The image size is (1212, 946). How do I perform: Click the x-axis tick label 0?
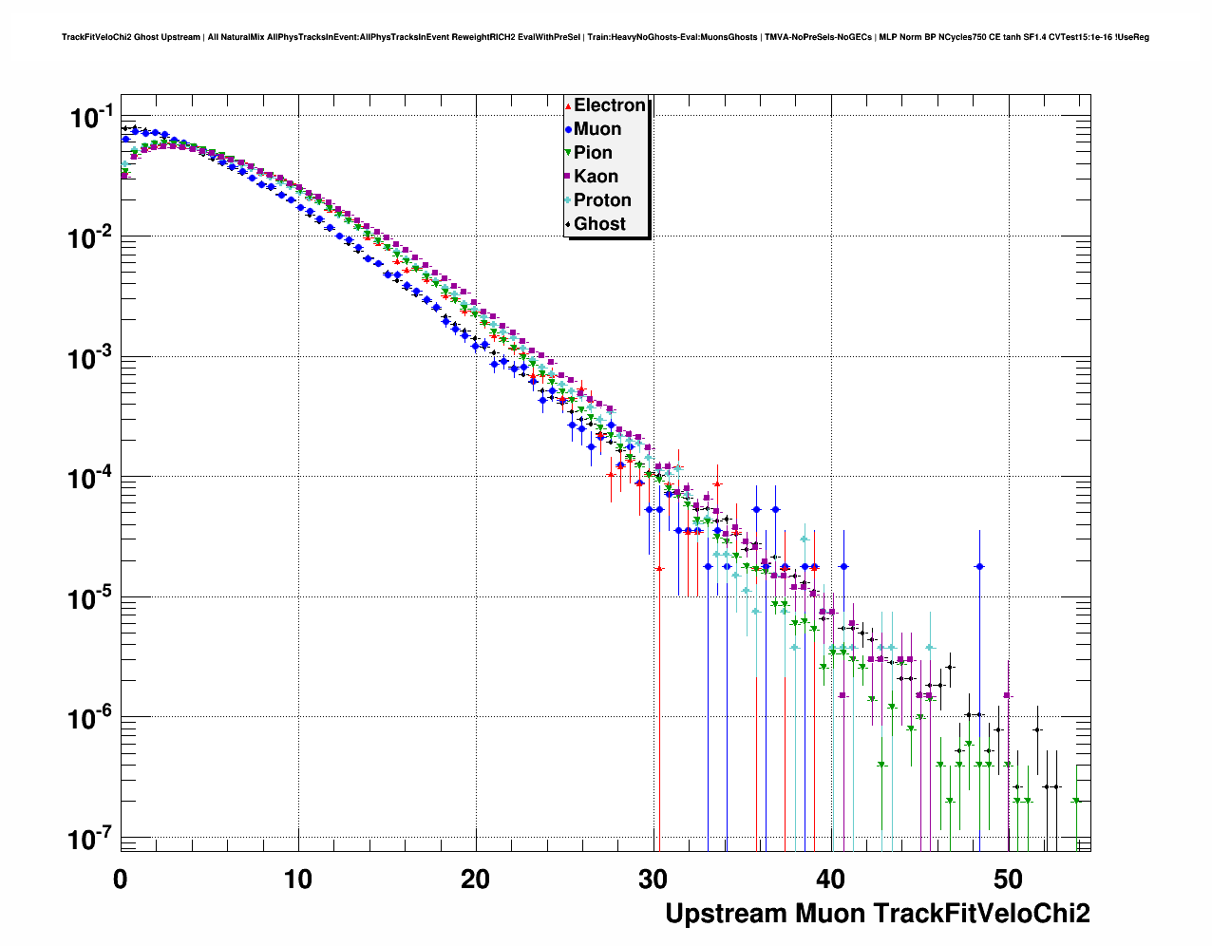coord(121,880)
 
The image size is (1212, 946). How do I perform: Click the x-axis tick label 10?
coord(298,880)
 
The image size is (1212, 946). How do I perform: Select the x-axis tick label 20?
coord(476,880)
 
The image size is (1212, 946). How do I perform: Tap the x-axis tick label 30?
coord(653,880)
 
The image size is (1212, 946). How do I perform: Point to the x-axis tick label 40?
coord(831,880)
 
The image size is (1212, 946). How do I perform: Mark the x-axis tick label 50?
coord(1009,880)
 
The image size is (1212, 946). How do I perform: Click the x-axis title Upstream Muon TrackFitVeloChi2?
coord(877,914)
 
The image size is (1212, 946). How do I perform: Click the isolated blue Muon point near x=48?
coord(980,567)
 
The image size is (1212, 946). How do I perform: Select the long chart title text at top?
coord(605,37)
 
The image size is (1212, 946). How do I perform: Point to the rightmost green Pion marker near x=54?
coord(1076,801)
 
